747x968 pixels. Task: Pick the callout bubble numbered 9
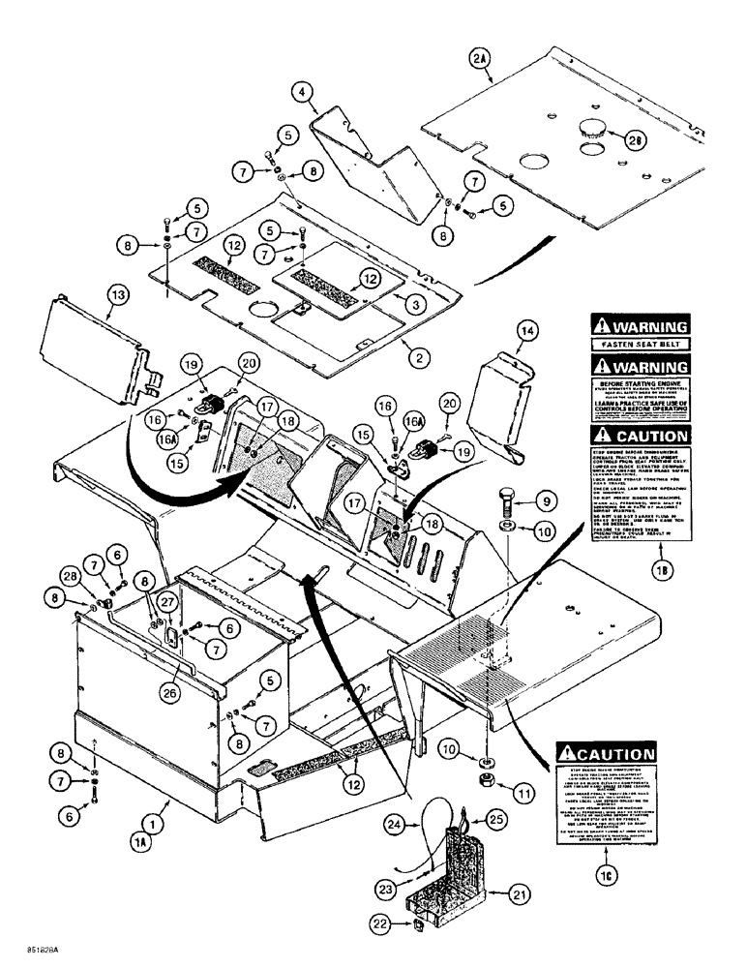pyautogui.click(x=544, y=501)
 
